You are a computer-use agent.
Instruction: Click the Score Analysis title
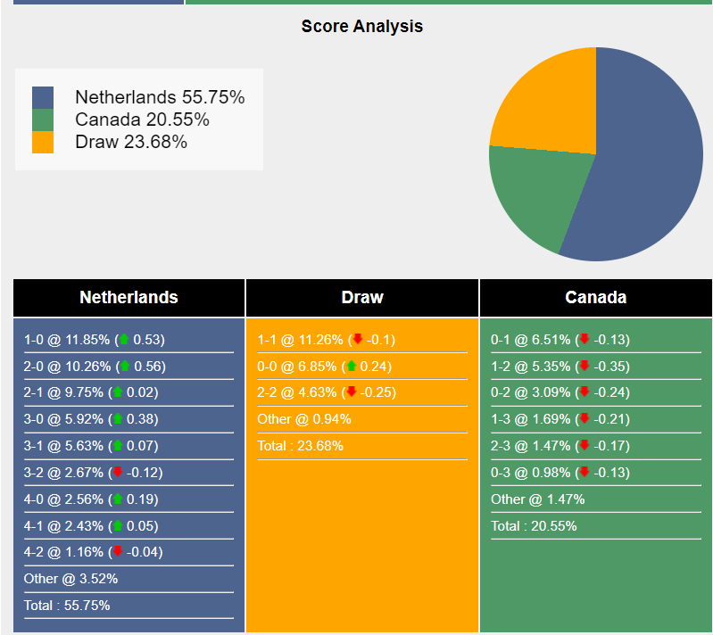point(361,26)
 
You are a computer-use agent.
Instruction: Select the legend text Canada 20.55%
point(142,120)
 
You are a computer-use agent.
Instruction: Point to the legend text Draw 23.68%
point(131,142)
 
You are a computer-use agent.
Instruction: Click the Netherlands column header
point(129,298)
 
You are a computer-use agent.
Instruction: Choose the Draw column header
point(362,298)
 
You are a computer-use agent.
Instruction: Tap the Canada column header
point(595,298)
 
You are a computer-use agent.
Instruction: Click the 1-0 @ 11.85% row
point(94,340)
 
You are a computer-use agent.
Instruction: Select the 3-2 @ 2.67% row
point(94,473)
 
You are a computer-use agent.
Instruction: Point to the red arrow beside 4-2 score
point(117,551)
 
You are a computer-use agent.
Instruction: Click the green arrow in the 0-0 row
point(351,366)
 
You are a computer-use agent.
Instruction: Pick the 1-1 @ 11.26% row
point(326,340)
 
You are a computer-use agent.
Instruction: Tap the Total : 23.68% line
point(300,446)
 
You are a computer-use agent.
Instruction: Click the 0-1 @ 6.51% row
point(560,340)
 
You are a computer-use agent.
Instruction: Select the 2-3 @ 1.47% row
point(560,446)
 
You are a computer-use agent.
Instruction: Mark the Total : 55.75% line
point(67,606)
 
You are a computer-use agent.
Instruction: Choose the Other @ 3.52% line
point(70,579)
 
